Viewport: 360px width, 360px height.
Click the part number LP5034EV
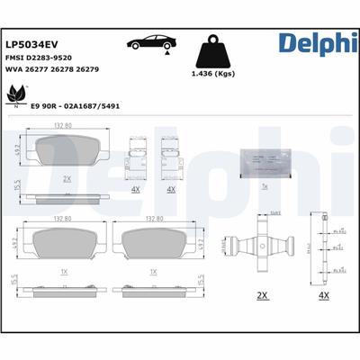coord(32,42)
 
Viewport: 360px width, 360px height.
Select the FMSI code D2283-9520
coord(45,57)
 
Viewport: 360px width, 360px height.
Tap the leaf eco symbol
coord(16,93)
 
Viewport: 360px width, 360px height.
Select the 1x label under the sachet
coord(263,186)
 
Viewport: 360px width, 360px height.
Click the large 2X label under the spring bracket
coord(262,294)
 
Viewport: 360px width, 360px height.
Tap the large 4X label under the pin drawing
coord(324,294)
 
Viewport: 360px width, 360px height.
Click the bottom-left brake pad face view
coord(65,242)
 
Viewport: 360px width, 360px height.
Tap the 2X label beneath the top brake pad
coord(66,179)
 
